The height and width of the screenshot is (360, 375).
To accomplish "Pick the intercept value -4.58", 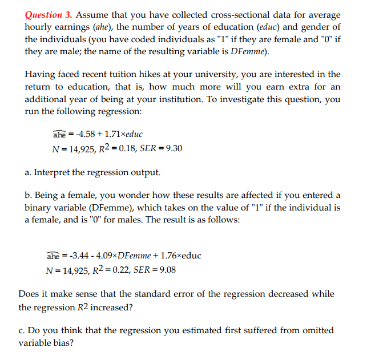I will (82, 135).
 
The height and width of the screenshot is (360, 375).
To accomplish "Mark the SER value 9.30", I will (173, 149).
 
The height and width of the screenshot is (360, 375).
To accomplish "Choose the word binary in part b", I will (40, 208).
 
